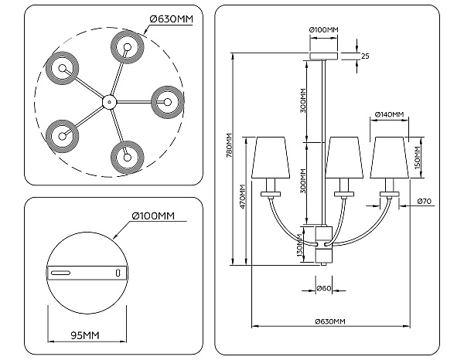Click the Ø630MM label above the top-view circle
[x=172, y=19]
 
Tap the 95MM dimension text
[x=85, y=335]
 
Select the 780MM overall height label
[x=228, y=146]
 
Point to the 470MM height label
[x=243, y=197]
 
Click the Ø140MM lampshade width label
[x=389, y=114]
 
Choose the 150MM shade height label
[x=418, y=158]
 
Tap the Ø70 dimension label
[x=425, y=202]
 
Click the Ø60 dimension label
[x=324, y=288]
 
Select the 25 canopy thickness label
[x=366, y=56]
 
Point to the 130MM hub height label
[x=299, y=245]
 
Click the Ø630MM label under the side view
[x=330, y=321]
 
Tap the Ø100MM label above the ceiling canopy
[x=323, y=29]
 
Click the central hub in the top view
[x=109, y=102]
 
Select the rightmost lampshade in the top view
[x=168, y=102]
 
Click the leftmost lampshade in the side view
[x=271, y=158]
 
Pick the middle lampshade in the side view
[x=344, y=158]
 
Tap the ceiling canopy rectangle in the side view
[x=323, y=56]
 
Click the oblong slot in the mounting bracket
[x=60, y=273]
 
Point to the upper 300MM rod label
[x=302, y=100]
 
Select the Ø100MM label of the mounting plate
[x=153, y=216]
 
